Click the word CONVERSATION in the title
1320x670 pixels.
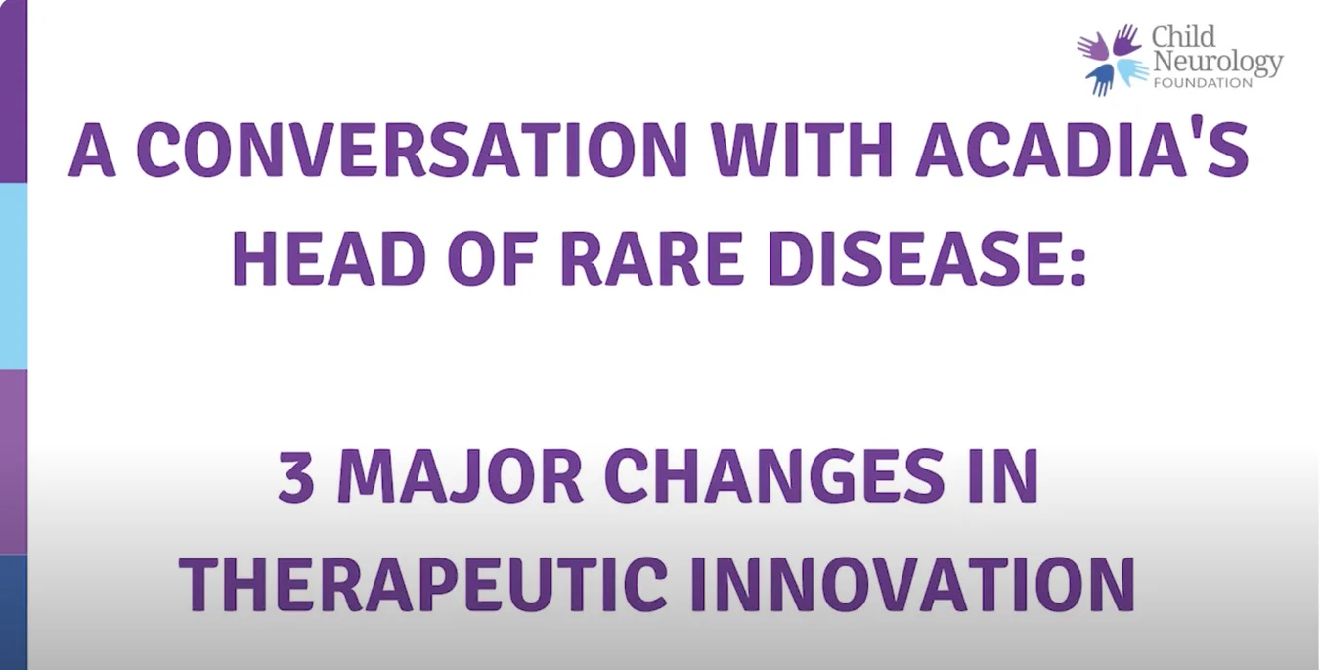pyautogui.click(x=415, y=150)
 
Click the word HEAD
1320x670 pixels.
pyautogui.click(x=330, y=258)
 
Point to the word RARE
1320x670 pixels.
pyautogui.click(x=652, y=258)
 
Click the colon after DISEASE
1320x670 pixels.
pyautogui.click(x=1078, y=265)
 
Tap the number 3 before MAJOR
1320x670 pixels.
pyautogui.click(x=296, y=475)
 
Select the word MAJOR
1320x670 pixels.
pyautogui.click(x=461, y=475)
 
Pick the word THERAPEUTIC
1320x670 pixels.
pyautogui.click(x=423, y=584)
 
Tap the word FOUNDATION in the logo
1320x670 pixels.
pyautogui.click(x=1203, y=83)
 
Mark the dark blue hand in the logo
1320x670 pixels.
pyautogui.click(x=1101, y=78)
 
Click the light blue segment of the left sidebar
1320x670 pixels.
pyautogui.click(x=14, y=276)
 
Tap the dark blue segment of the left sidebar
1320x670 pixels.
pyautogui.click(x=14, y=612)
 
